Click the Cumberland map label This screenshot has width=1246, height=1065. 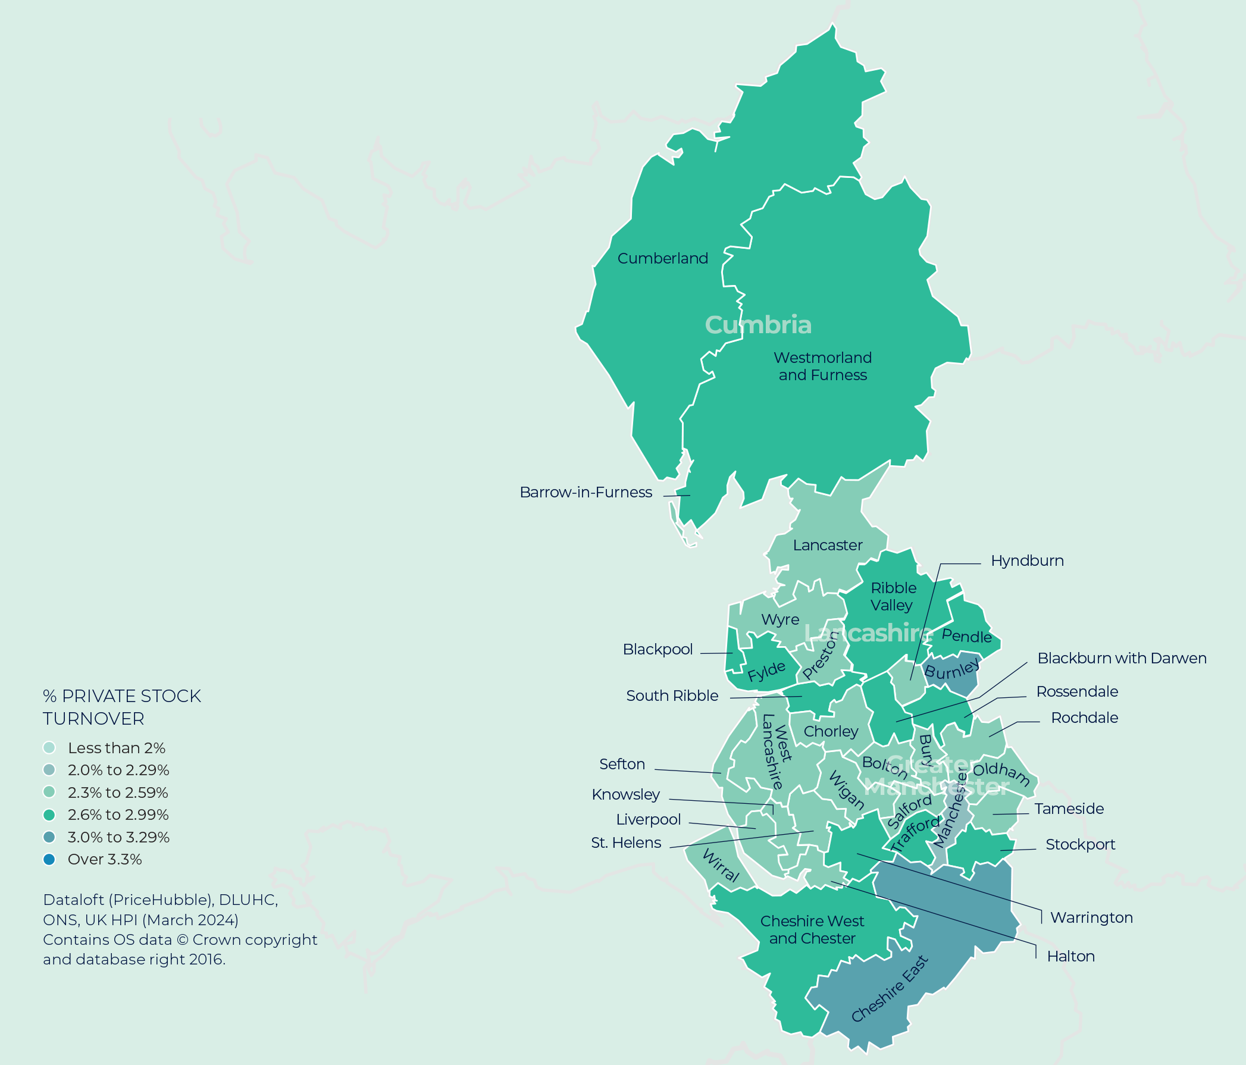tap(662, 259)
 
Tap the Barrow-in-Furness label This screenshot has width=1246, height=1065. tap(585, 493)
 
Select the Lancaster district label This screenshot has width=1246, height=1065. tap(828, 546)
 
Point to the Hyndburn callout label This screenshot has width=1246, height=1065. tap(1027, 561)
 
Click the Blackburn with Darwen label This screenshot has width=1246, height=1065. tap(1122, 659)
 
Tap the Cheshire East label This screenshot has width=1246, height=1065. tap(890, 989)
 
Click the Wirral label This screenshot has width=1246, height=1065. tap(721, 866)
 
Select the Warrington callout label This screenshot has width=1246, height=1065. tap(1091, 917)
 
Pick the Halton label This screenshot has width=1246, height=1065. tap(1070, 956)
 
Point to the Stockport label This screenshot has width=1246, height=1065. tap(1080, 845)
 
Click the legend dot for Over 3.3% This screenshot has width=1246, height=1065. tap(49, 859)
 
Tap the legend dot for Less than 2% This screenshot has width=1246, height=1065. tap(49, 747)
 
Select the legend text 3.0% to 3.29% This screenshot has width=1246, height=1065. tap(118, 837)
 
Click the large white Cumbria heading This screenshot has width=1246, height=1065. tap(757, 325)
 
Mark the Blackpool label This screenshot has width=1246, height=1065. tap(658, 650)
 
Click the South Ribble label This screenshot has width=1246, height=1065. tap(672, 696)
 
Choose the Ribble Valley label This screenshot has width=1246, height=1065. tap(893, 597)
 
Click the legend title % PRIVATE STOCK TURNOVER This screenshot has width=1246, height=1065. tap(121, 707)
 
